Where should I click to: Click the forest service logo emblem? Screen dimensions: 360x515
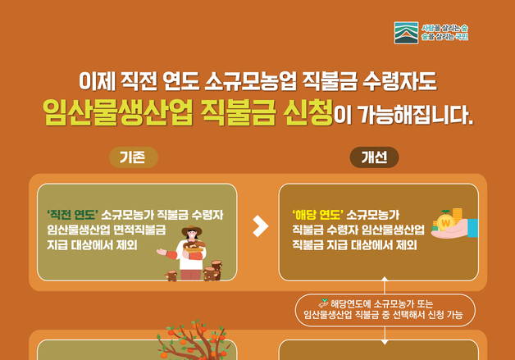coord(405,34)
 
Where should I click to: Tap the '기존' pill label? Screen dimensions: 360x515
coord(133,157)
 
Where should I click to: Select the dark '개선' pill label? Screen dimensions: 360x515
coord(374,157)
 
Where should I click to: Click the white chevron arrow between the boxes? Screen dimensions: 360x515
coord(261,226)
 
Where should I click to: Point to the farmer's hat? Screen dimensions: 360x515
coord(191,231)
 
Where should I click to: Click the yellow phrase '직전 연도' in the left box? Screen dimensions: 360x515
coord(72,216)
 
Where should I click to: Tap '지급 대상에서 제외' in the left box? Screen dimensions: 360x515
coord(92,244)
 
